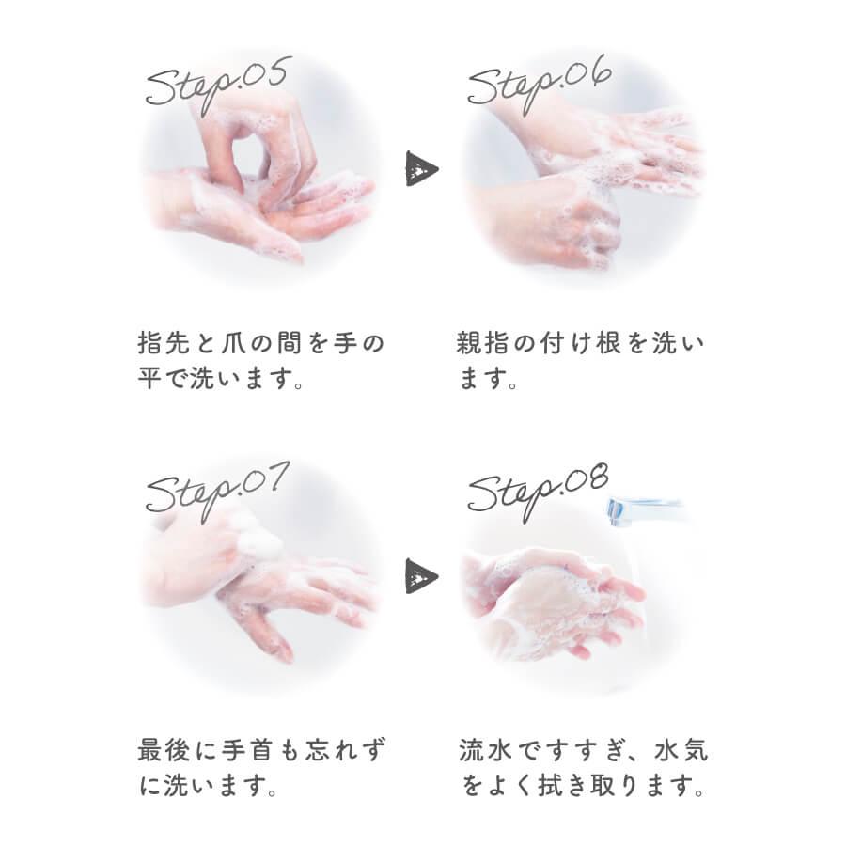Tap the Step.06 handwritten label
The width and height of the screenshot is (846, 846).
(540, 82)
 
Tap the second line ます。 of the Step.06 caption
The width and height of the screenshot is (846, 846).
(488, 381)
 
